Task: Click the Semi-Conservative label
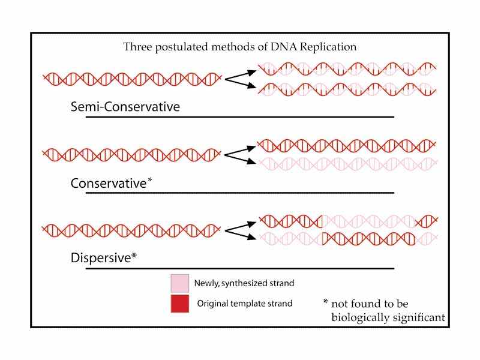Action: click(125, 107)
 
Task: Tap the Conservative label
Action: click(108, 183)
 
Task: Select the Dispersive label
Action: click(100, 258)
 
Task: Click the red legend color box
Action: click(180, 304)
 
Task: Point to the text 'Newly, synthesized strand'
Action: click(244, 283)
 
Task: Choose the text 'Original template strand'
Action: click(244, 304)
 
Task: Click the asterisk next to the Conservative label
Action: click(149, 179)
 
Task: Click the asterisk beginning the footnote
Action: click(326, 303)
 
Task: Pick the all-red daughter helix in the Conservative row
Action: click(348, 145)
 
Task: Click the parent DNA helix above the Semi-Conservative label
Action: click(132, 78)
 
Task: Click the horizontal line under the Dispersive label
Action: click(240, 268)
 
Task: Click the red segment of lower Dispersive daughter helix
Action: click(367, 239)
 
